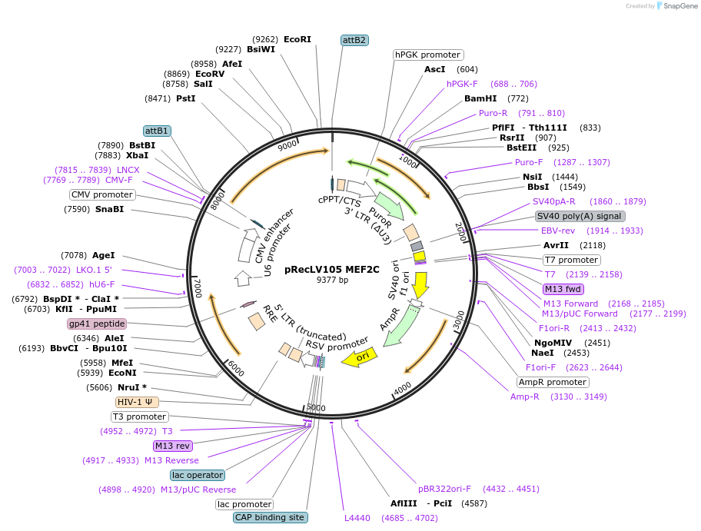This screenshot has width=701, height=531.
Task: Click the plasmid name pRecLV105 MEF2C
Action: coord(332,269)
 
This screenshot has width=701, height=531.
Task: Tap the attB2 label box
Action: coord(354,40)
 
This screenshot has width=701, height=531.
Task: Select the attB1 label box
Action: coord(157,131)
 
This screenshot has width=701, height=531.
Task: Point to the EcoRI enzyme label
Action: coord(297,38)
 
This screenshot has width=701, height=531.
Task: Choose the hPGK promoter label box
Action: coord(427,55)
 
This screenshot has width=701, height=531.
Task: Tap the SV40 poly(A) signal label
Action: coord(579,216)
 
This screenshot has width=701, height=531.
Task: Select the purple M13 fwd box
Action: coord(563,289)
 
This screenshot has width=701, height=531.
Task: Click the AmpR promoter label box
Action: coord(552,382)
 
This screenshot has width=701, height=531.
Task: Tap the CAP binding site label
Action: coord(270,517)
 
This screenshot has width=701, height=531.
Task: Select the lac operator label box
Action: coord(198,475)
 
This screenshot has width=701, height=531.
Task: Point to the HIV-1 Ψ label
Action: coord(138,402)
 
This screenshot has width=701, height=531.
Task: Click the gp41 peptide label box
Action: coord(97,324)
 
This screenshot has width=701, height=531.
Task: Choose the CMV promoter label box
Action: coord(102,194)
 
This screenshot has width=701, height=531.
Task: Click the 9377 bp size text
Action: coord(332,280)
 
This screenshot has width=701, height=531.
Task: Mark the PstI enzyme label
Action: coord(185,98)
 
